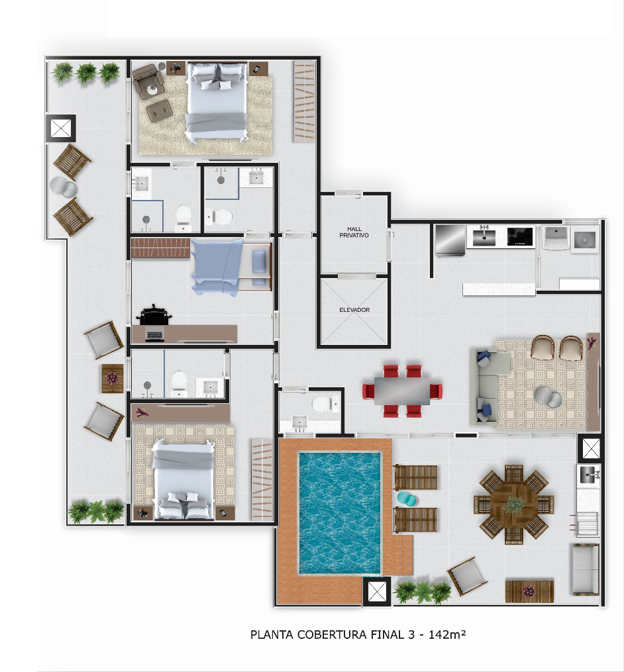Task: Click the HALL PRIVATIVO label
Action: point(354,232)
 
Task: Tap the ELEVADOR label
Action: point(354,310)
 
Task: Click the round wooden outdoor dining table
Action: point(513,504)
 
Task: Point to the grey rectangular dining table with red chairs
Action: point(402,391)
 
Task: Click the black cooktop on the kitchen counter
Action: point(520,236)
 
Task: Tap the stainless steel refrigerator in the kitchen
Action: point(450,240)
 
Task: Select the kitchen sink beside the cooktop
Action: point(484,237)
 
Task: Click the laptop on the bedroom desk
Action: point(154,335)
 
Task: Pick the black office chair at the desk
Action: point(153,315)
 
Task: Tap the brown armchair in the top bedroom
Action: point(148,81)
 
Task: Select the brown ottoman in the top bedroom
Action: point(159,111)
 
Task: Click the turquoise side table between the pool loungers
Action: point(407,499)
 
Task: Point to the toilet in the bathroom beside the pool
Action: point(325,404)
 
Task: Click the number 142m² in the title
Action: point(447,634)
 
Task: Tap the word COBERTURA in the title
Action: point(332,634)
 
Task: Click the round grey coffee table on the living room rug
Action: point(548,397)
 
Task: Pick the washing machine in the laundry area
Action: point(585,240)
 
